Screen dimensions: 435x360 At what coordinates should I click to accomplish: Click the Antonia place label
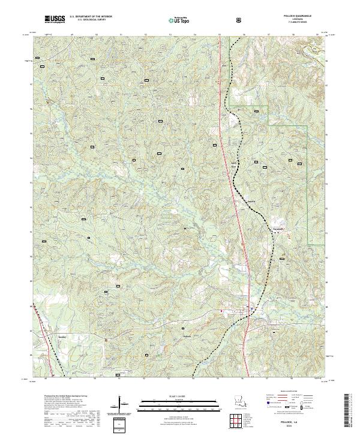click(x=244, y=202)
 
